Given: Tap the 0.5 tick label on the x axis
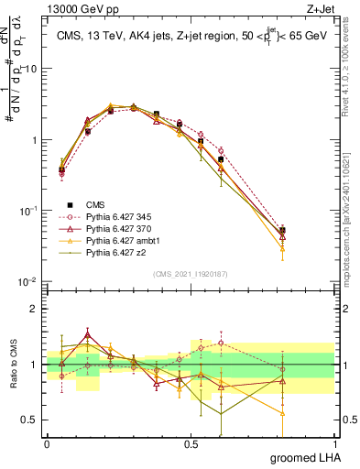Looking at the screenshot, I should (x=191, y=443).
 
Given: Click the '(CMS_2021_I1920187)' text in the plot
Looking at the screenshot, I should (x=191, y=273).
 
